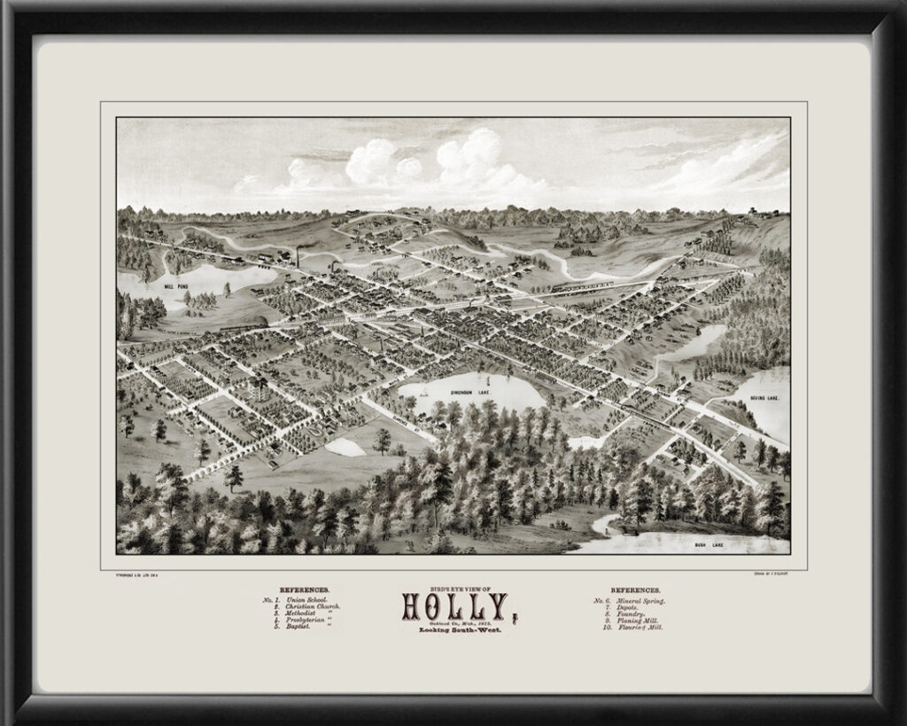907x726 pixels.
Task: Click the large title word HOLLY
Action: [x=453, y=605]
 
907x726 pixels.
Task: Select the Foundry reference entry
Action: [x=626, y=613]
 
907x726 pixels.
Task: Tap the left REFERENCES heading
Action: [x=304, y=589]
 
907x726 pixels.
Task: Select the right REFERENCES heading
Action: [x=635, y=589]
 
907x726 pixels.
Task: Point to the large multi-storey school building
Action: [x=260, y=387]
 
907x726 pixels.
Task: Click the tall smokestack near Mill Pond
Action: [x=298, y=257]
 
